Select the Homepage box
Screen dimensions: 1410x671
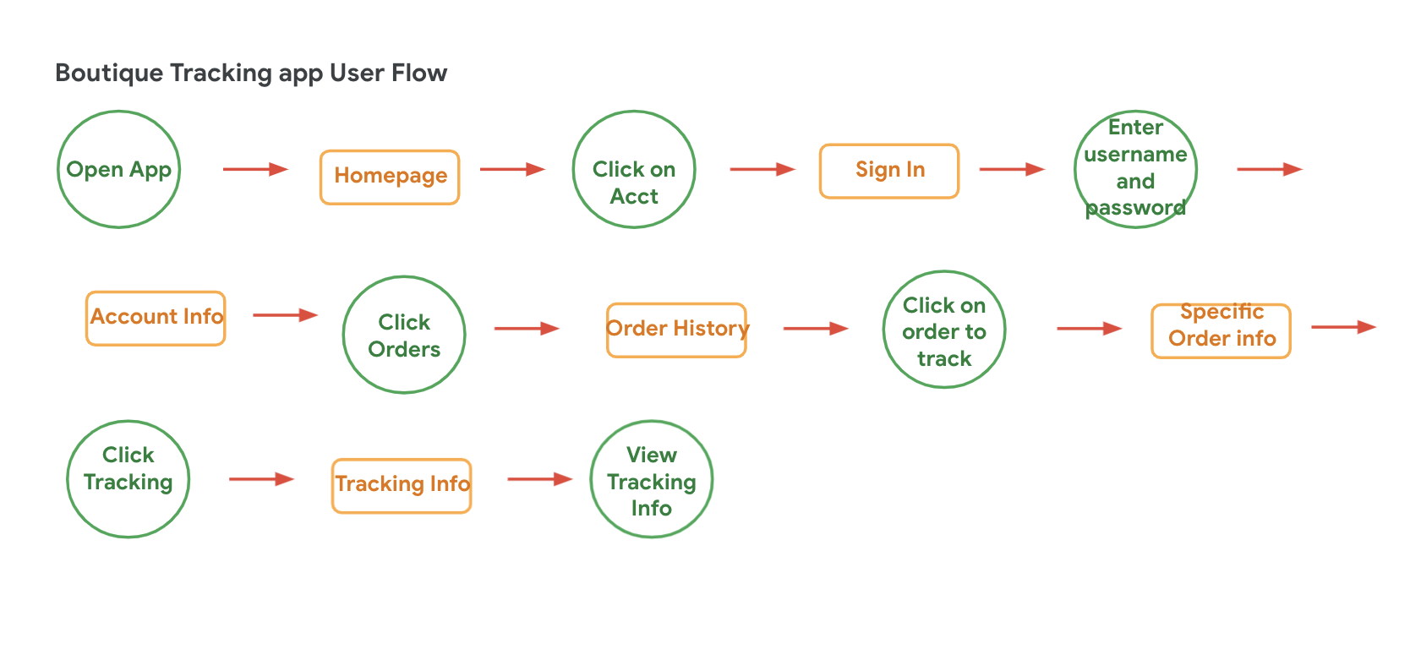[x=390, y=177]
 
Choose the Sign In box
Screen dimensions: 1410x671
[x=888, y=172]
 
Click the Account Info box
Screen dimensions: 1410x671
[x=156, y=319]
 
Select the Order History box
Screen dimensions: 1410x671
[x=676, y=330]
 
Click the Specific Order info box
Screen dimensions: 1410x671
[x=1221, y=331]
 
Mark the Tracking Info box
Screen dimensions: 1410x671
[x=402, y=486]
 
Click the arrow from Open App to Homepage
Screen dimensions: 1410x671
[x=255, y=169]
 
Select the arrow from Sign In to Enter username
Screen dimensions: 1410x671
[x=1012, y=169]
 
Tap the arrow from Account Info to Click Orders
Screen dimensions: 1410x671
[x=285, y=314]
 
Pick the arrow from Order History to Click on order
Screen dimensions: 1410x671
[x=816, y=328]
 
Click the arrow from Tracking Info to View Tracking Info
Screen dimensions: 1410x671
[x=540, y=479]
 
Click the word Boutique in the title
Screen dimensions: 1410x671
[x=110, y=74]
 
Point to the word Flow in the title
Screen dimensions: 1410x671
[x=419, y=73]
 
